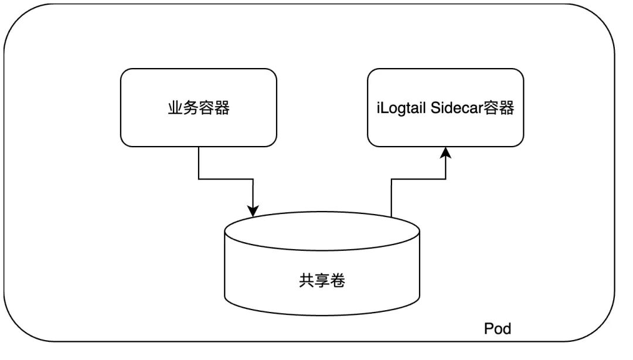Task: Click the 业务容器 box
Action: [199, 107]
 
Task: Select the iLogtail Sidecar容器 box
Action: [445, 107]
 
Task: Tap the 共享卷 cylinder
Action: [322, 263]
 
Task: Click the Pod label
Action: [498, 328]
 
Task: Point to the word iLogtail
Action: [401, 108]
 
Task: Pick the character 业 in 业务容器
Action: [175, 108]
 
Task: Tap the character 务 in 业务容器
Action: [190, 108]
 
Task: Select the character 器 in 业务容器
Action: [222, 108]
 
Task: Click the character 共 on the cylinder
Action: [307, 280]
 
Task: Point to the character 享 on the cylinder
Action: [322, 280]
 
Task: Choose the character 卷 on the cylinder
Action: [338, 280]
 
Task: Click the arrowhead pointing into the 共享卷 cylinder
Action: [253, 211]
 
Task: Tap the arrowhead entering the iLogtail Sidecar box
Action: [445, 152]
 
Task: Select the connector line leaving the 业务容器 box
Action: [226, 179]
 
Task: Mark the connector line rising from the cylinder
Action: [418, 179]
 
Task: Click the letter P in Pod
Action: [488, 328]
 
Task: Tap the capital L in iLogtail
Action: [384, 108]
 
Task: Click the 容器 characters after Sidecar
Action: [499, 108]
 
